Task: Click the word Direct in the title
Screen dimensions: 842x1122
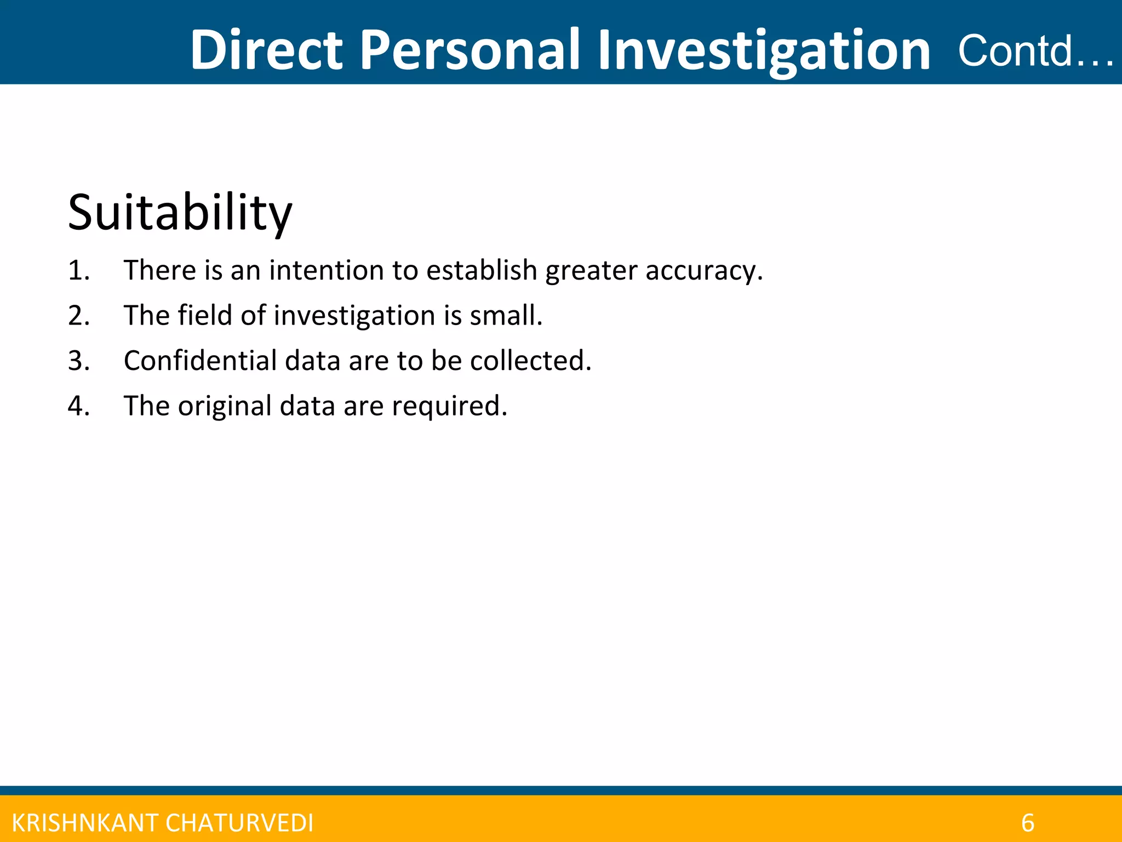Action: pyautogui.click(x=266, y=50)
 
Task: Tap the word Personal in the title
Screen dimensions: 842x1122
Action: pyautogui.click(x=470, y=50)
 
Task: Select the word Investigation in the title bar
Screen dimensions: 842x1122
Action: pyautogui.click(x=764, y=50)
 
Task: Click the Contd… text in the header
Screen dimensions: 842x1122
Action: pyautogui.click(x=1034, y=50)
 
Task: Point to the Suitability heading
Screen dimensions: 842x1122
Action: pyautogui.click(x=180, y=213)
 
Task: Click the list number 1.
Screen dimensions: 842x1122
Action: pyautogui.click(x=78, y=270)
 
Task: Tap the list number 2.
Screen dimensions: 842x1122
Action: pyautogui.click(x=78, y=316)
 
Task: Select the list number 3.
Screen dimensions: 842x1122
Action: pyautogui.click(x=78, y=361)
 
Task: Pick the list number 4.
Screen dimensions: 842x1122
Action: pyautogui.click(x=78, y=406)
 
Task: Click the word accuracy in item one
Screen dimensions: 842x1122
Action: pyautogui.click(x=703, y=271)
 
